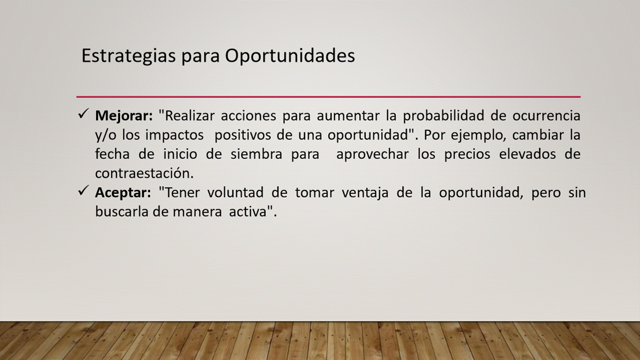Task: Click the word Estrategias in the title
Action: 128,55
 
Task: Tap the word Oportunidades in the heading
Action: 290,55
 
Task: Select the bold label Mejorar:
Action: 124,116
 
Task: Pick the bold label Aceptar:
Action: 123,192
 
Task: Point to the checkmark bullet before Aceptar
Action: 83,190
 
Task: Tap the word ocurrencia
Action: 546,116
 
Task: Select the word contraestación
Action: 144,173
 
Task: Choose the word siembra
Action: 256,154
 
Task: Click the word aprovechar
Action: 372,154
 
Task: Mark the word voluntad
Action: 235,192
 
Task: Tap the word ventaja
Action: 365,193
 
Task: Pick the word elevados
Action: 527,154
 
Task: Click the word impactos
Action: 174,135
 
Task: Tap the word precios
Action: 467,154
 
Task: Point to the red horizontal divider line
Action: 328,97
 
